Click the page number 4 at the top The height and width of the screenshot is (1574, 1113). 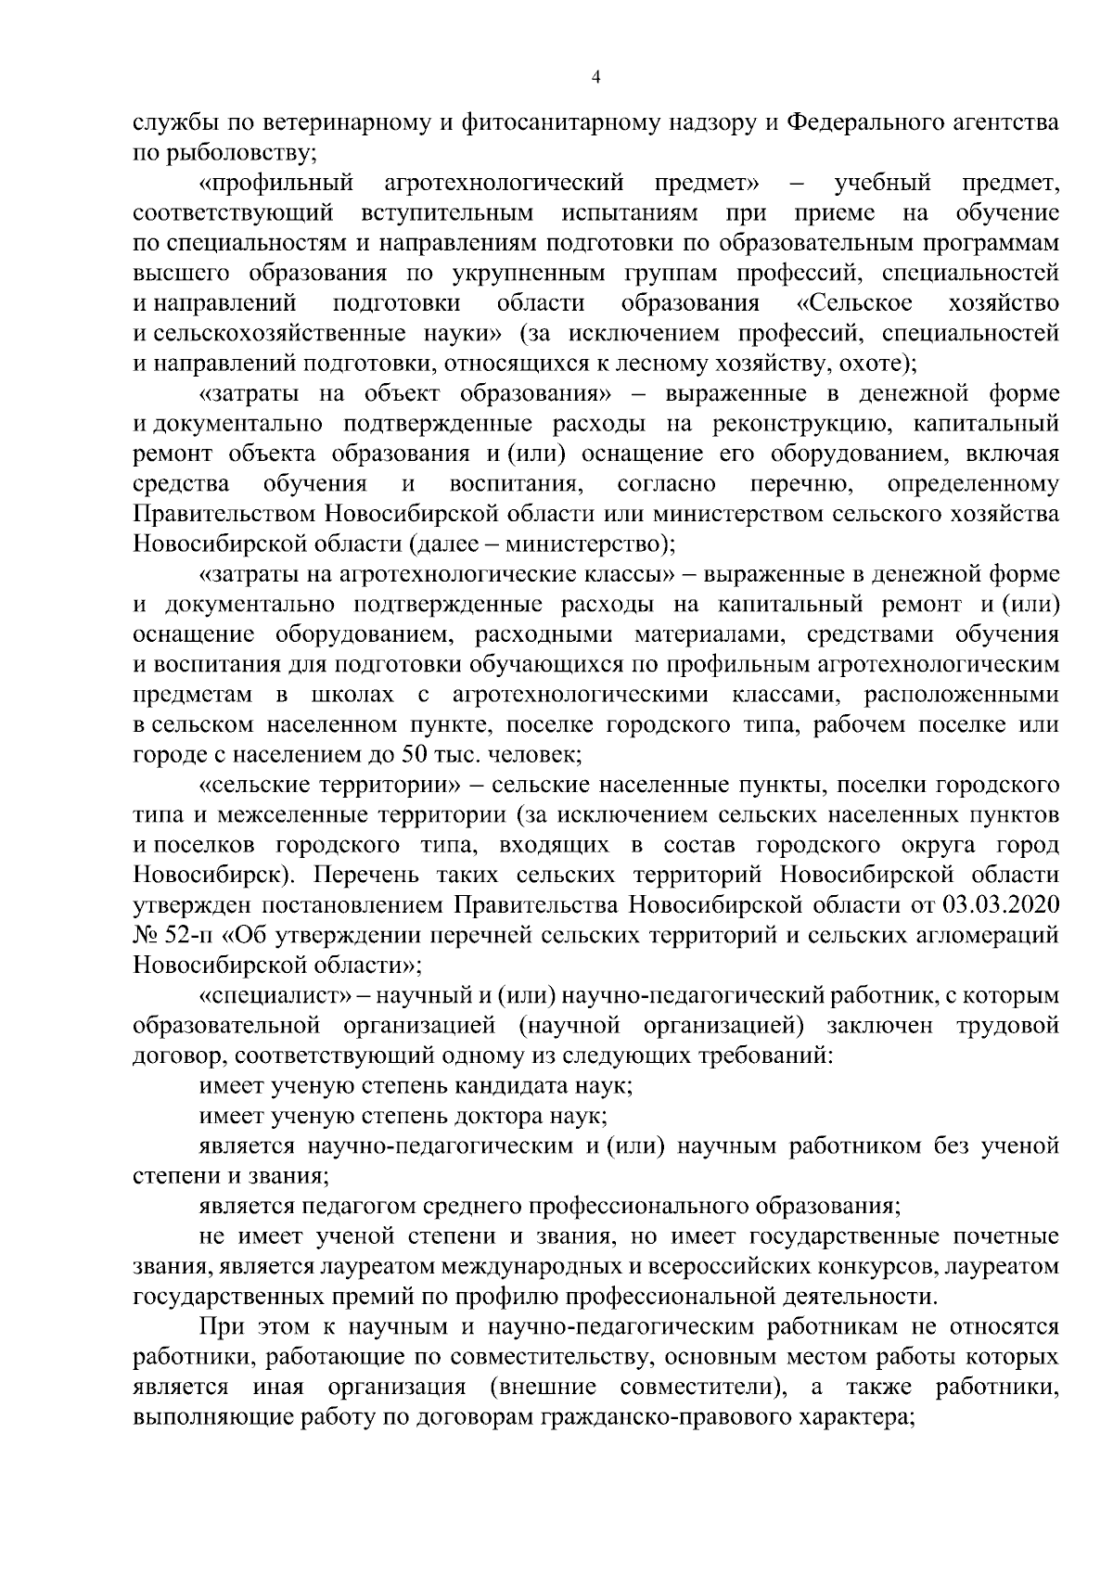[x=595, y=79]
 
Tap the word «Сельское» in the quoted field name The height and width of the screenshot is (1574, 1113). [x=854, y=304]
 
